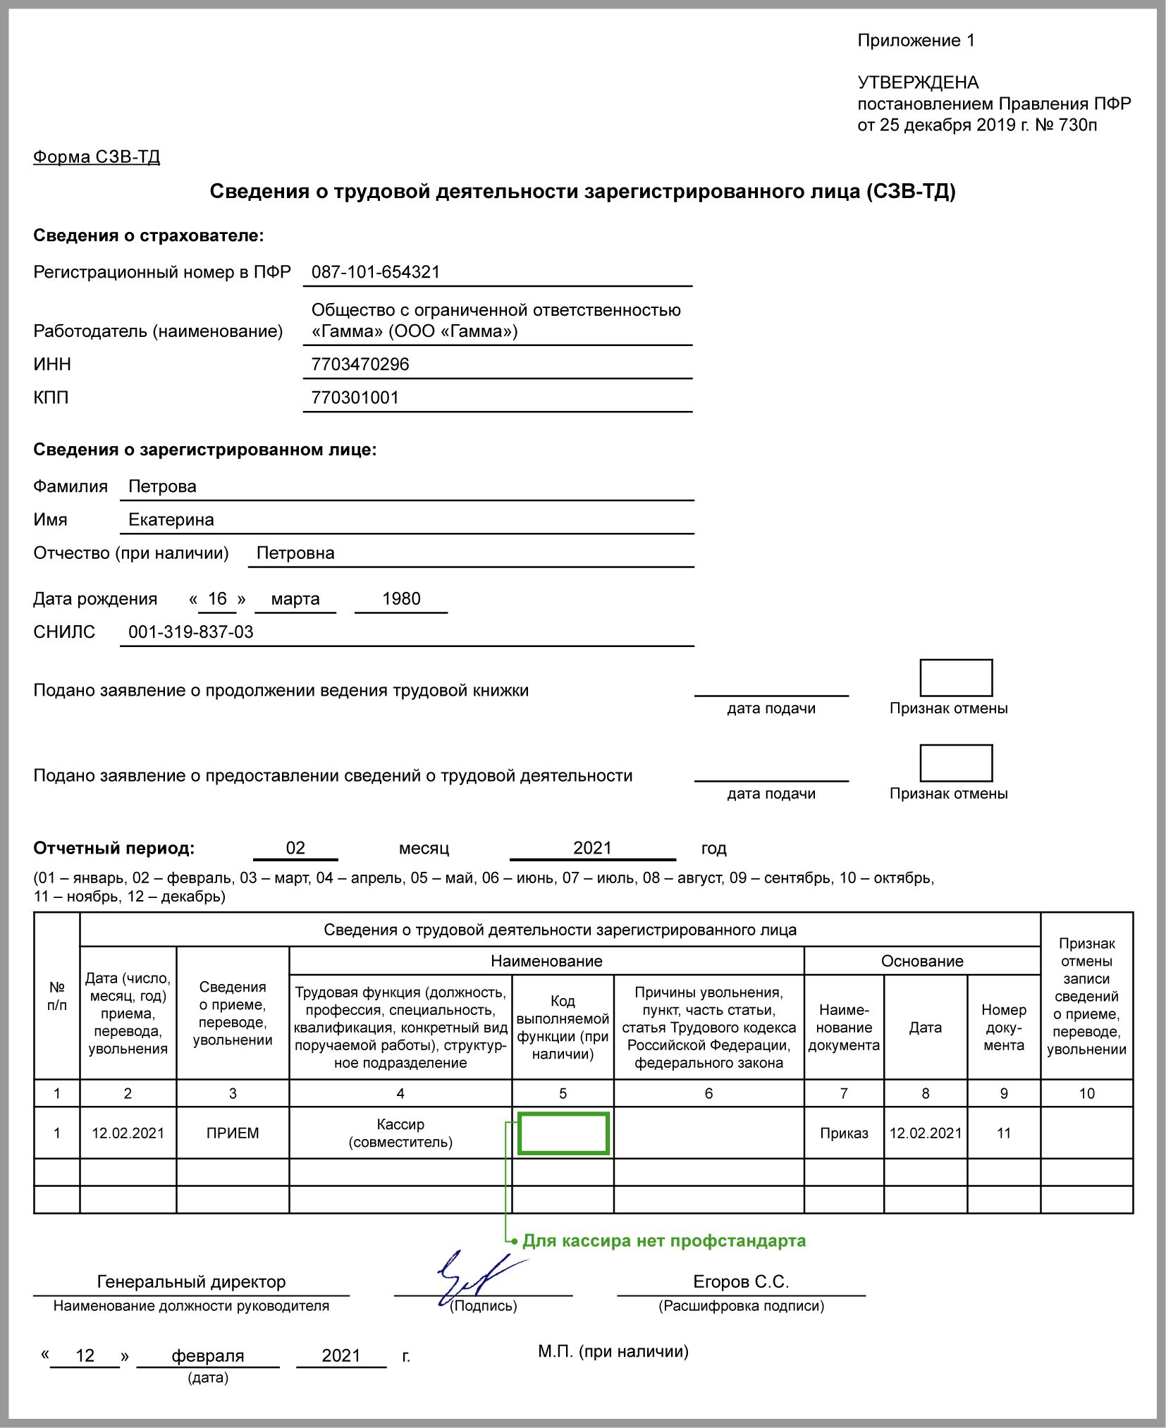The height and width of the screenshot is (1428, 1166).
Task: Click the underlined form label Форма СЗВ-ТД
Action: click(x=97, y=156)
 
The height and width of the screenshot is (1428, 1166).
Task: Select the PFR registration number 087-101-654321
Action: click(x=376, y=272)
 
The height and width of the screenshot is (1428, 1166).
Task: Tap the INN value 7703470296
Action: click(x=360, y=364)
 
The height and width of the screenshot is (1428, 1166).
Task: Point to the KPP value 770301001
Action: click(x=355, y=398)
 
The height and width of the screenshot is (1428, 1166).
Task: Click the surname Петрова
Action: click(x=162, y=486)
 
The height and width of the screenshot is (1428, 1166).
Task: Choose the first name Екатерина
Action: click(x=171, y=519)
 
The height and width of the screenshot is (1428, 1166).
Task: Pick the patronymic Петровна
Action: click(x=295, y=553)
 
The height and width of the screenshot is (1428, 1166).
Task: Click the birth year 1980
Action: click(x=401, y=599)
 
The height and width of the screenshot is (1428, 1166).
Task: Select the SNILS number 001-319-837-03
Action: click(x=191, y=632)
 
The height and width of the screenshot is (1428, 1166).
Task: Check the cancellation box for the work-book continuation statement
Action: click(x=956, y=678)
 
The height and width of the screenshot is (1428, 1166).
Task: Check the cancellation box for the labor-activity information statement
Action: click(x=956, y=763)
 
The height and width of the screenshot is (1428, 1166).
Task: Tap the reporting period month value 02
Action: click(x=295, y=848)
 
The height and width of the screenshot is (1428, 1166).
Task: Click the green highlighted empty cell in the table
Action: click(x=563, y=1133)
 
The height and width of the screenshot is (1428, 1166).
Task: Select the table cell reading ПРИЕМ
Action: click(x=233, y=1133)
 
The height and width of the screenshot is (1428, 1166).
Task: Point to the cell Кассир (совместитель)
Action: click(x=400, y=1133)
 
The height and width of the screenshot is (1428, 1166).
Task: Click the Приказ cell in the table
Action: click(x=844, y=1133)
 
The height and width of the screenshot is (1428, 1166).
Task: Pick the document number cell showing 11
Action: click(x=1004, y=1133)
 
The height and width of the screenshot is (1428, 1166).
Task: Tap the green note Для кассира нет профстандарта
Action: click(x=663, y=1241)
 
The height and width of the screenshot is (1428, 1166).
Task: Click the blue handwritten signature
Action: click(x=472, y=1277)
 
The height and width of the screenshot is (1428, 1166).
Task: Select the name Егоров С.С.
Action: click(x=740, y=1282)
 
